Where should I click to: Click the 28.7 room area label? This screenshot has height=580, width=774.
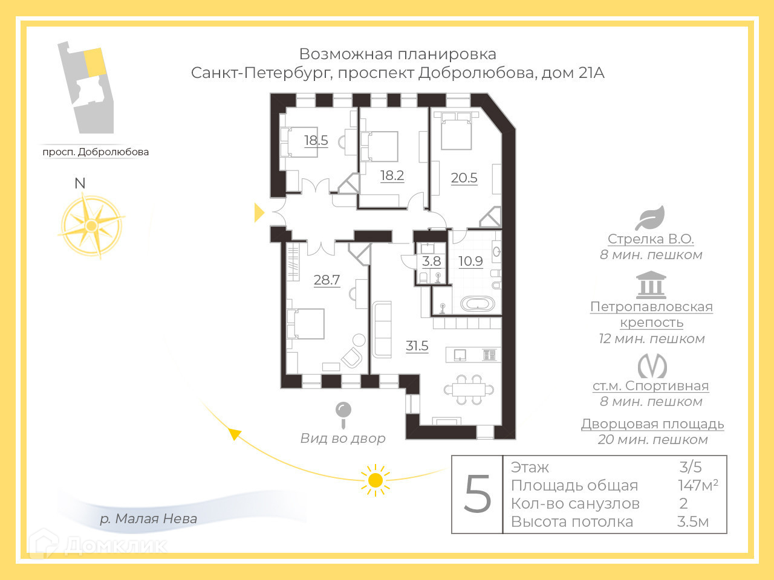pyautogui.click(x=327, y=280)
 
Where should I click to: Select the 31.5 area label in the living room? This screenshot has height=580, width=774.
pyautogui.click(x=417, y=346)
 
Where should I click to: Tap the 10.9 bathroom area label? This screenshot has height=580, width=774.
pyautogui.click(x=470, y=261)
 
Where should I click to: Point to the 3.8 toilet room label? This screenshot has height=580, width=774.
pyautogui.click(x=432, y=261)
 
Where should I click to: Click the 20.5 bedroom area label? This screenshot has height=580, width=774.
pyautogui.click(x=464, y=178)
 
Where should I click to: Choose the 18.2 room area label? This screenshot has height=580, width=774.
pyautogui.click(x=392, y=175)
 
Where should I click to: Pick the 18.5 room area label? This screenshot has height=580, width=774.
pyautogui.click(x=316, y=140)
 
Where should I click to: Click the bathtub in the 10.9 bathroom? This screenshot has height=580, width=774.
pyautogui.click(x=478, y=303)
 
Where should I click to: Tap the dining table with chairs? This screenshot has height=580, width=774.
pyautogui.click(x=469, y=390)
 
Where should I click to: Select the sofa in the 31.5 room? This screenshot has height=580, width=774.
pyautogui.click(x=382, y=329)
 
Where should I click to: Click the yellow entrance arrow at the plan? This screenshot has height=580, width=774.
pyautogui.click(x=259, y=212)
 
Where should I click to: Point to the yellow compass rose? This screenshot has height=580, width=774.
pyautogui.click(x=91, y=226)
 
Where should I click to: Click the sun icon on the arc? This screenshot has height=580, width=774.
pyautogui.click(x=375, y=480)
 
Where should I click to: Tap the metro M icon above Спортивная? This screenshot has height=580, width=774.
pyautogui.click(x=652, y=366)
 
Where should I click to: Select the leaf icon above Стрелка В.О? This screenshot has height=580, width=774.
pyautogui.click(x=650, y=218)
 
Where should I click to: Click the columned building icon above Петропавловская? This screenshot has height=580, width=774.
pyautogui.click(x=651, y=285)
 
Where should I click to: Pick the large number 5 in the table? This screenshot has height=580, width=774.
pyautogui.click(x=477, y=494)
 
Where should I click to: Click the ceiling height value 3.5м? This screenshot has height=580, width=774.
pyautogui.click(x=693, y=521)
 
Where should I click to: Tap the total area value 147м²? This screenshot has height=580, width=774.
pyautogui.click(x=698, y=485)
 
